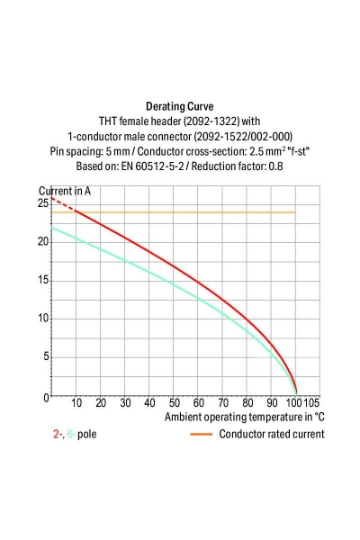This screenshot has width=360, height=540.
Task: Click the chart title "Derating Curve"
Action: (x=179, y=105)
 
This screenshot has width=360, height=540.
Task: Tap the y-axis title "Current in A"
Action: (x=65, y=191)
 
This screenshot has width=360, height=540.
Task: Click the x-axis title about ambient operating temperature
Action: (x=244, y=418)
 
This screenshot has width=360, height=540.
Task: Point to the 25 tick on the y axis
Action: (x=43, y=203)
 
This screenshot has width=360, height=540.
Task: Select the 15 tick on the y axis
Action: (x=43, y=280)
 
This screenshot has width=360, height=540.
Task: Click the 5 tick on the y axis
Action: (x=46, y=357)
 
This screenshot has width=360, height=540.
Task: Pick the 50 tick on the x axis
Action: (x=174, y=403)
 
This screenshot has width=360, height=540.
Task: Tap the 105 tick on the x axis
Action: (x=312, y=403)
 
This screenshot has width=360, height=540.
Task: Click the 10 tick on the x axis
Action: (x=76, y=403)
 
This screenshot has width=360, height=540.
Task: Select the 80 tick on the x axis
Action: (x=247, y=403)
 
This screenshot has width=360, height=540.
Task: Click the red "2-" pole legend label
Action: (x=58, y=434)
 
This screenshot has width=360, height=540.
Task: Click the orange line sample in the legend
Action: (x=202, y=434)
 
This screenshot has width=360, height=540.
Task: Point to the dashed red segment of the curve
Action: (x=62, y=206)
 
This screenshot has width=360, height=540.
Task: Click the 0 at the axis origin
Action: (x=46, y=397)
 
